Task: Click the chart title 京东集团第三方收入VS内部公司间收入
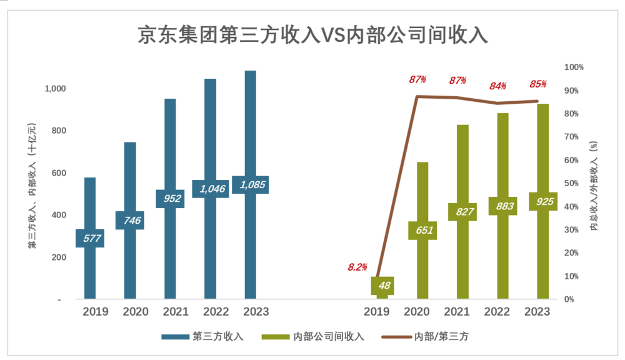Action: coord(312,34)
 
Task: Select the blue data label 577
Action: coord(90,238)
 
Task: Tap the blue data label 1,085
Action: coord(250,185)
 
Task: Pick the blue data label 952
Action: coord(170,199)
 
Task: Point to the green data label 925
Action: coord(542,201)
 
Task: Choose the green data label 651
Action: coord(422,230)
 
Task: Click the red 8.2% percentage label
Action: coord(357,267)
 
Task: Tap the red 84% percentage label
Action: coord(498,86)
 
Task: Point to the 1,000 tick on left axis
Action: coord(55,89)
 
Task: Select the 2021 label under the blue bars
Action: coord(170,312)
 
